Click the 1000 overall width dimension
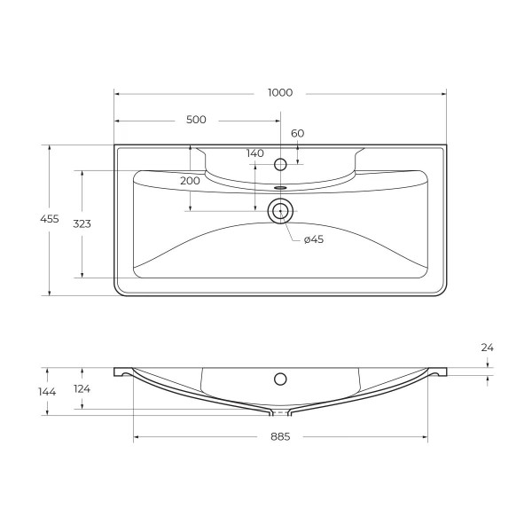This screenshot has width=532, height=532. click(279, 93)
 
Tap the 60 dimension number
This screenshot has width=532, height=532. click(297, 133)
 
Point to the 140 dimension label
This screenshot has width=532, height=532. click(255, 153)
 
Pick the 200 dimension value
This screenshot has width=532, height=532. click(190, 180)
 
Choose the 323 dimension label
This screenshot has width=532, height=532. click(82, 223)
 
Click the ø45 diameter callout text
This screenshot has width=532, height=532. click(313, 239)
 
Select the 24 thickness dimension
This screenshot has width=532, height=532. click(487, 348)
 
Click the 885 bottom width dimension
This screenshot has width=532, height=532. click(279, 436)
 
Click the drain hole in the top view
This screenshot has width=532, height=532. click(280, 210)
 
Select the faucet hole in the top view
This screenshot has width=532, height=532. click(280, 164)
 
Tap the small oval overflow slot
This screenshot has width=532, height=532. click(280, 188)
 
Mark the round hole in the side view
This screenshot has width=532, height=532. click(280, 379)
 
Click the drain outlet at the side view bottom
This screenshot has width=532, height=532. click(280, 412)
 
